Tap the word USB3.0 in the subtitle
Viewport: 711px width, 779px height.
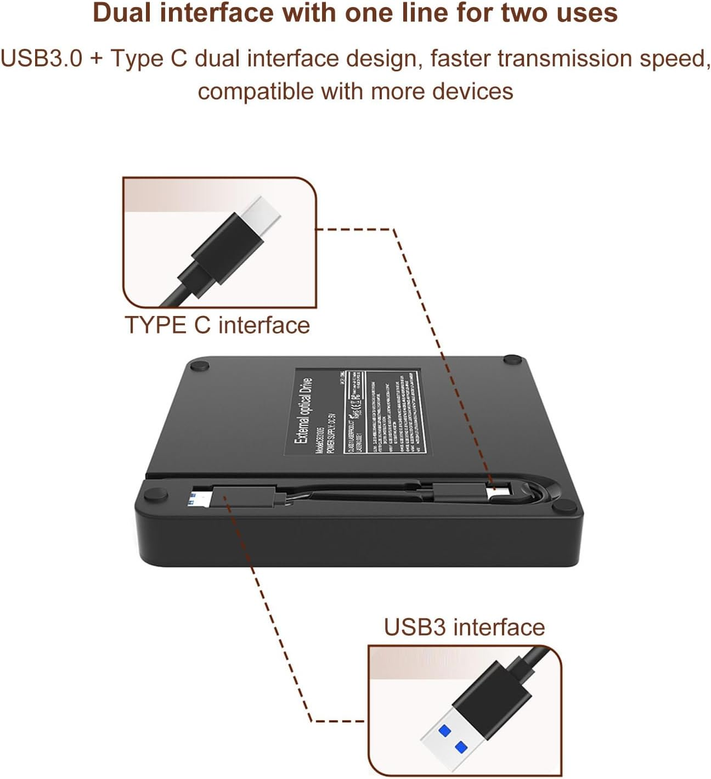click(x=41, y=58)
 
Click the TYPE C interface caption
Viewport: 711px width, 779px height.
click(x=217, y=325)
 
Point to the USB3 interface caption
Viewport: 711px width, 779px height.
click(x=464, y=627)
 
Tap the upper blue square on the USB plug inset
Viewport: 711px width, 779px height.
click(x=444, y=730)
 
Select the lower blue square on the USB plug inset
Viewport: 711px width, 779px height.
click(x=461, y=747)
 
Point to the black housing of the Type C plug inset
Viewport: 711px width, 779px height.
click(x=225, y=247)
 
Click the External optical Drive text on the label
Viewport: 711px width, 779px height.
click(x=303, y=411)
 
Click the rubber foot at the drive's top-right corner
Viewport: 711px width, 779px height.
click(x=513, y=359)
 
